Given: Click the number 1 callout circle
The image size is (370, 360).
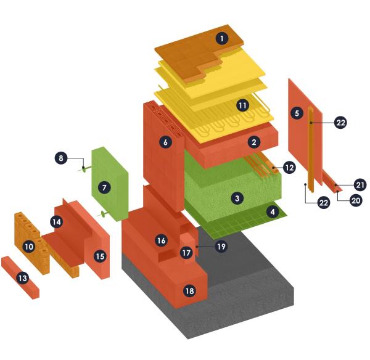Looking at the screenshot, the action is (x=222, y=38).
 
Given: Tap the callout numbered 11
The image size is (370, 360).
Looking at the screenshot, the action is (x=242, y=105).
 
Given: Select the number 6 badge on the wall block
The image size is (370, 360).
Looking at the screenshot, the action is (x=165, y=142).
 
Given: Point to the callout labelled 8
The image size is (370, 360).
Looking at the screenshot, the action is (x=61, y=158).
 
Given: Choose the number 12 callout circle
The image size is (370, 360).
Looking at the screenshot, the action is (x=289, y=168).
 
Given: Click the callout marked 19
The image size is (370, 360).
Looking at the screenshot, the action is (x=221, y=247).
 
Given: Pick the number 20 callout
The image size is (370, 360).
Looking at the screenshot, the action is (x=356, y=200).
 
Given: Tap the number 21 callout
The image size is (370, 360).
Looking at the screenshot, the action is (x=360, y=185).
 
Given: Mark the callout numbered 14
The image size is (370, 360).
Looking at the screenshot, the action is (x=57, y=222).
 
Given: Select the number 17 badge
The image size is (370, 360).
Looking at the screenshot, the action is (x=186, y=253).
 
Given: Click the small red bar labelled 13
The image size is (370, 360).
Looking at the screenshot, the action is (x=20, y=277).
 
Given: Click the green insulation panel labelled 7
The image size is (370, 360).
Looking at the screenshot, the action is (x=110, y=184).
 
